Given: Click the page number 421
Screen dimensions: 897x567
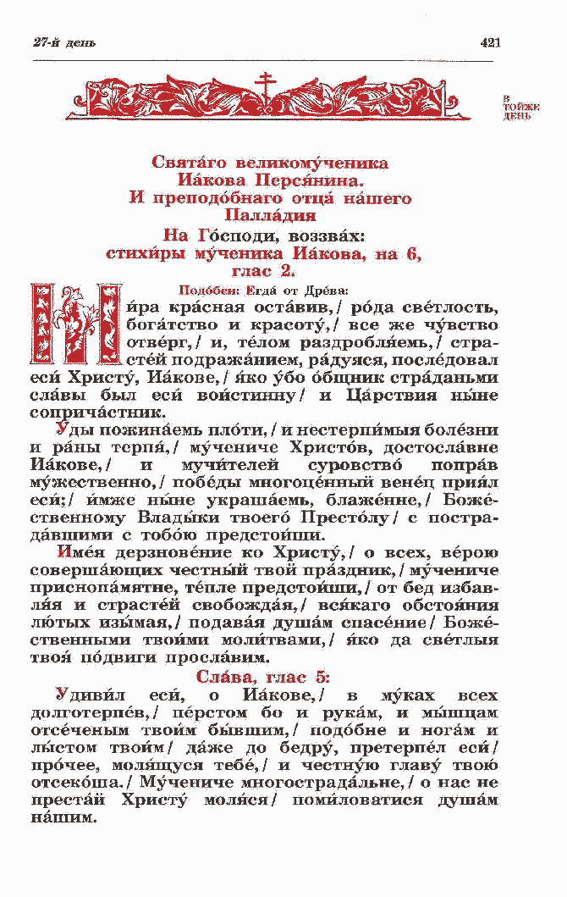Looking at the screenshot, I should coord(490,43).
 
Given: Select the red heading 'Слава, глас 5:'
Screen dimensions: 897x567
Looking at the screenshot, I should coord(263,677).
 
